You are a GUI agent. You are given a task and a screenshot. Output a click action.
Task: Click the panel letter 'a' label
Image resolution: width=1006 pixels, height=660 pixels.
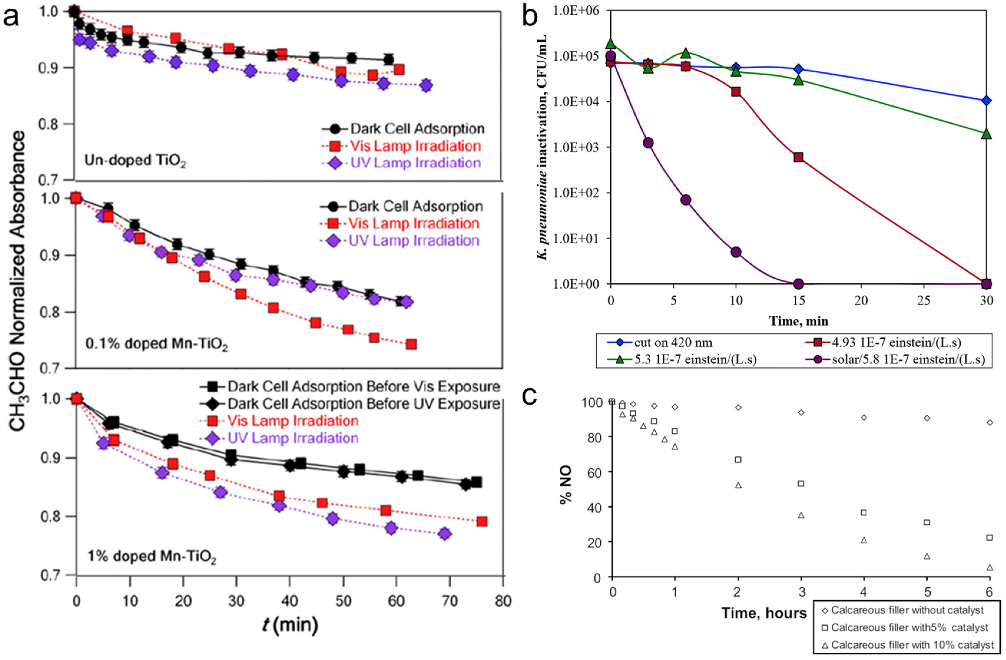click(x=11, y=18)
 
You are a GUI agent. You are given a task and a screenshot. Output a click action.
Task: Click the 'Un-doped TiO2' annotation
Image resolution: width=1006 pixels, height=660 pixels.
click(x=135, y=161)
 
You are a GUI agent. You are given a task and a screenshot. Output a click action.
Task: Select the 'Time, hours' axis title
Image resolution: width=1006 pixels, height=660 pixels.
click(x=764, y=612)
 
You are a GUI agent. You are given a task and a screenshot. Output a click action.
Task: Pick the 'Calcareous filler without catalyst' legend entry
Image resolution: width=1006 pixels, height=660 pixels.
click(x=907, y=610)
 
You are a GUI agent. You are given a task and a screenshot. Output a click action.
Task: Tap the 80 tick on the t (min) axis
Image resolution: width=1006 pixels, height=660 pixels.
click(x=503, y=601)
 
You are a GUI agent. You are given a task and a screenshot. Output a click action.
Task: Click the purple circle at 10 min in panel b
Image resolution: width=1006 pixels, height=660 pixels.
click(x=736, y=252)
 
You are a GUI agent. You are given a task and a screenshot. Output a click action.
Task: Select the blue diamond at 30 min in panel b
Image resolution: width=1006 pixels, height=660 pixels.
click(x=986, y=101)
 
